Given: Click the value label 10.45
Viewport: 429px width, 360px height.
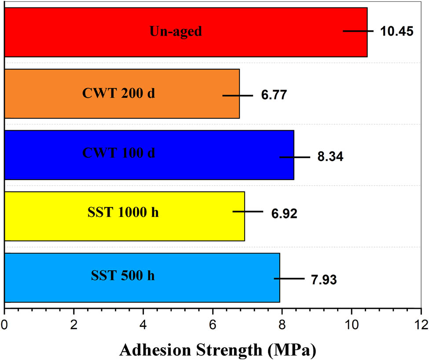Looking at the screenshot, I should click(397, 32).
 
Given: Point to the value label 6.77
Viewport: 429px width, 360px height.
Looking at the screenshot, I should click(274, 95).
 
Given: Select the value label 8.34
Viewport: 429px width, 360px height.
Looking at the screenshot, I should click(330, 157).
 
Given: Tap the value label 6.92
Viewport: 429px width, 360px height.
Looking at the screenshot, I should click(284, 214).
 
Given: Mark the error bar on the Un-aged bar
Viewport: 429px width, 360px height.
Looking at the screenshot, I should click(358, 31).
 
